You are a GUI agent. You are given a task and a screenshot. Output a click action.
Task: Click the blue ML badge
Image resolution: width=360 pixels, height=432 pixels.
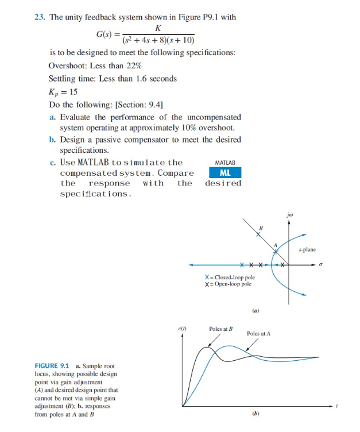224,173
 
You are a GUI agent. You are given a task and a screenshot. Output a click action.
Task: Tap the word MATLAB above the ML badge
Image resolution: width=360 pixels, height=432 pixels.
224,163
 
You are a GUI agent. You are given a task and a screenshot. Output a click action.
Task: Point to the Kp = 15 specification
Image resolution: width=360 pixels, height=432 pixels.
64,92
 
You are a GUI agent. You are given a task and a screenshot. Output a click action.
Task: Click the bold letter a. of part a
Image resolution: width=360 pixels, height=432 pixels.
53,117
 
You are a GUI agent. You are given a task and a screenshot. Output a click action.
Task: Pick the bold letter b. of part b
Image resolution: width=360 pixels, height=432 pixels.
53,140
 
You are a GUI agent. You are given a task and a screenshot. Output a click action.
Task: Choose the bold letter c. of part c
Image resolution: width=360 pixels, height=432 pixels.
53,163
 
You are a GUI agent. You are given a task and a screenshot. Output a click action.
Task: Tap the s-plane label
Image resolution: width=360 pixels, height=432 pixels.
308,249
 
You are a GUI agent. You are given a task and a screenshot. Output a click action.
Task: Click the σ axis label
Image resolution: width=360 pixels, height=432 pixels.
322,265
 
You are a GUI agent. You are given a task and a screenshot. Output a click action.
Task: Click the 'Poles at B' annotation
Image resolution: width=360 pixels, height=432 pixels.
220,329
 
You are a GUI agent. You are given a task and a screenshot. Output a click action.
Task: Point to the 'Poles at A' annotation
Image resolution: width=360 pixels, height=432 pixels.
258,333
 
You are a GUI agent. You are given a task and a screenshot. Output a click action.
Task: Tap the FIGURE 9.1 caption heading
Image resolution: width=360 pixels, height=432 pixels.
53,366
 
